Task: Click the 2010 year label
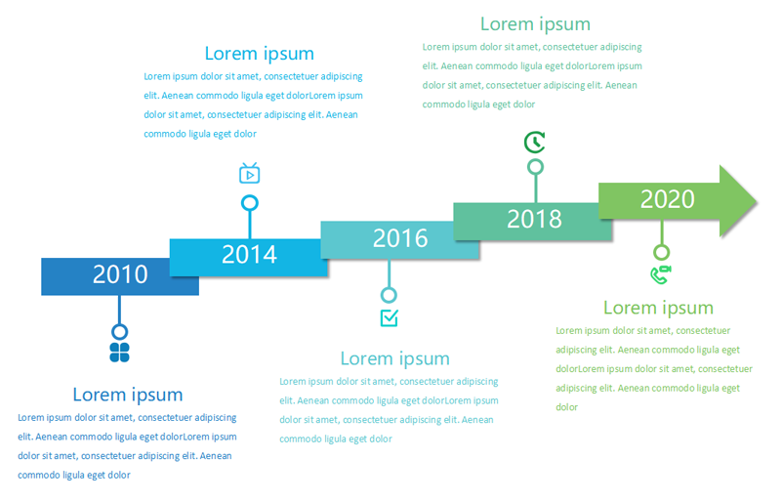coord(120,274)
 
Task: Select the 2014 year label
coord(249,255)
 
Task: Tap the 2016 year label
coord(400,238)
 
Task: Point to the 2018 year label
coord(534,219)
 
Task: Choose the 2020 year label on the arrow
coord(668,199)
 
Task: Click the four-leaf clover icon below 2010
coord(120,353)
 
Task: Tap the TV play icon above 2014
coord(249,173)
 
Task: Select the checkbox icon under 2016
coord(389,317)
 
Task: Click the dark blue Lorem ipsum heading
coord(128,395)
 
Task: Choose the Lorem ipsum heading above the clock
coord(536,24)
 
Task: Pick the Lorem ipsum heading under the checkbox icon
coord(395,358)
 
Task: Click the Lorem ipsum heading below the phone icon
coord(658,308)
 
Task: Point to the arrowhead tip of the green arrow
coord(757,201)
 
